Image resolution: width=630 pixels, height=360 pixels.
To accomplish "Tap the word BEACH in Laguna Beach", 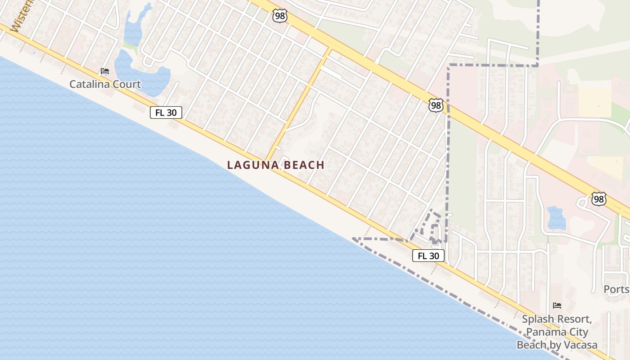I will [305, 165].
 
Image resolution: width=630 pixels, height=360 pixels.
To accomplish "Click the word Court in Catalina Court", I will [127, 84].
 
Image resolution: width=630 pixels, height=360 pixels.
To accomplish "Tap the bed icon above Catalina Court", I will [105, 71].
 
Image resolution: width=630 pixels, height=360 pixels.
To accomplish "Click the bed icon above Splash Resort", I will [557, 306].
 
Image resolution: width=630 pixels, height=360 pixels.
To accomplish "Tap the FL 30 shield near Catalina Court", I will [166, 112].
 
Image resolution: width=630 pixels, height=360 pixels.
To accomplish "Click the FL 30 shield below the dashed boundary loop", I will [428, 256].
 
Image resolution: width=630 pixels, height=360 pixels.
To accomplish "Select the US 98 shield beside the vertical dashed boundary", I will [436, 106].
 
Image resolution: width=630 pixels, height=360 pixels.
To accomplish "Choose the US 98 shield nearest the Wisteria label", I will [279, 16].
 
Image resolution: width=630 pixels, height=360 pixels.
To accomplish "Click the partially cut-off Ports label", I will [616, 289].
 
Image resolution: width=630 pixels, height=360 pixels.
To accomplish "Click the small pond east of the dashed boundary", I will [557, 218].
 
